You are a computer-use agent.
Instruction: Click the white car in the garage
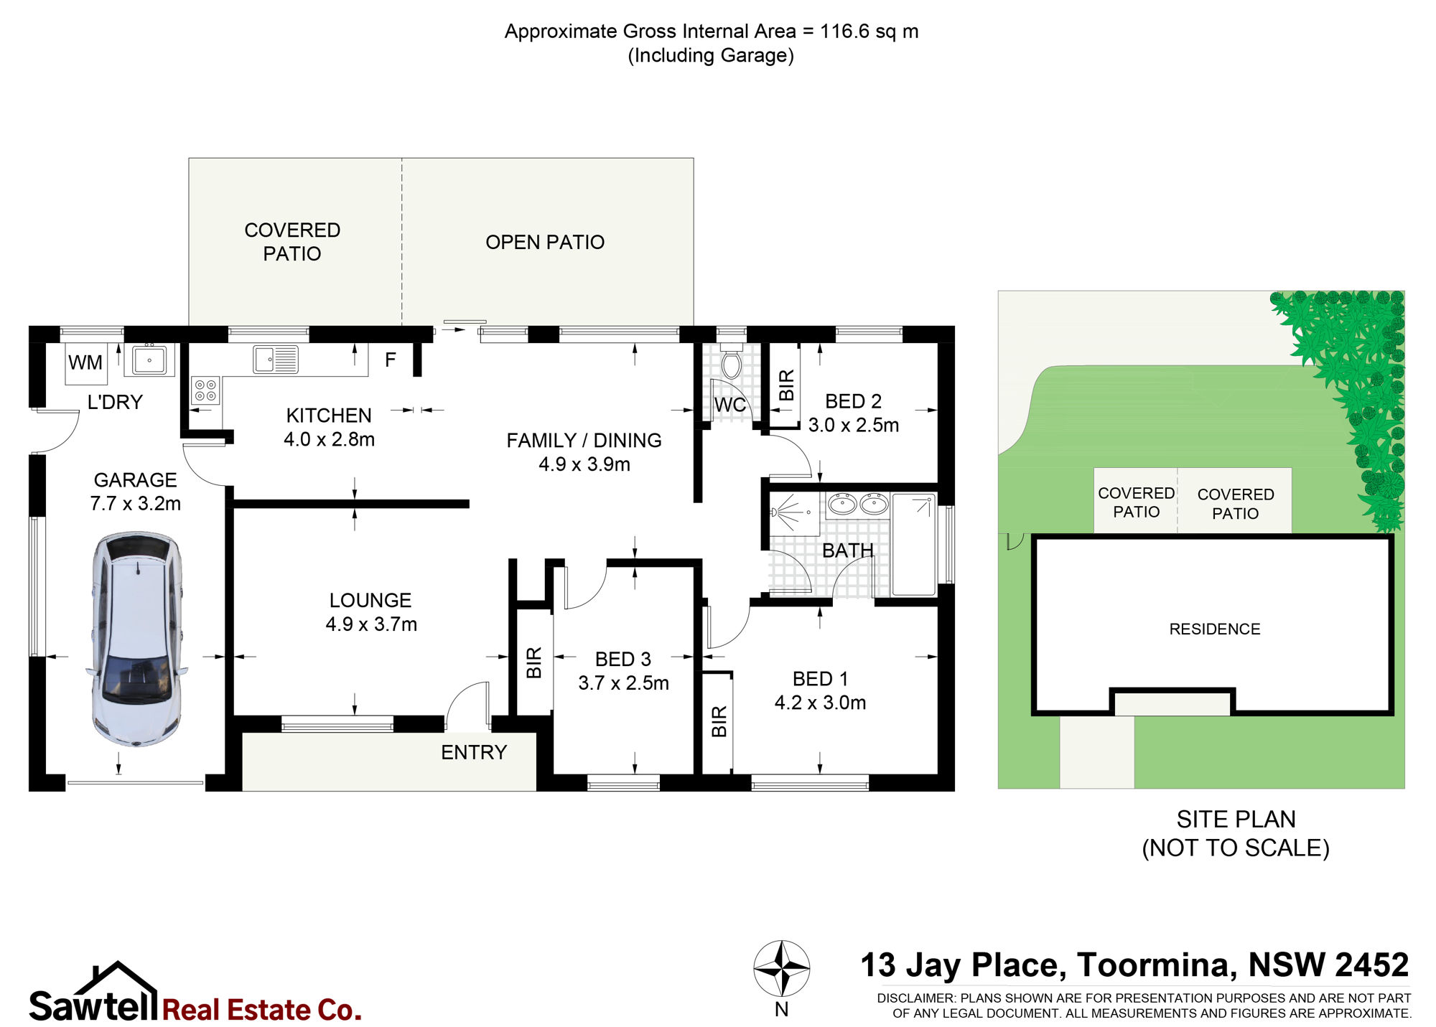[136, 639]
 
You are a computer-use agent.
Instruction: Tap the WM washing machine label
[85, 362]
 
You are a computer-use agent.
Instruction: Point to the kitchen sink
[276, 360]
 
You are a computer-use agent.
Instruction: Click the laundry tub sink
[149, 360]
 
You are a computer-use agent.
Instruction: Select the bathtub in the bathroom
[914, 545]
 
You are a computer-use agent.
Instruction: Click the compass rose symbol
[782, 969]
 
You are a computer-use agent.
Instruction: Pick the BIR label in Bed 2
[787, 385]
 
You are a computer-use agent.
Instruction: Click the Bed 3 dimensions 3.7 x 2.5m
[623, 683]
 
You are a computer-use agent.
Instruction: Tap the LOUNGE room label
[370, 600]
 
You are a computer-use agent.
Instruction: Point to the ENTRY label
[474, 752]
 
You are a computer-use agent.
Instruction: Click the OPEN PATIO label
[545, 243]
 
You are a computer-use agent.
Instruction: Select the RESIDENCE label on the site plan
[1215, 629]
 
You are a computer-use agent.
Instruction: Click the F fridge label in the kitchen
[391, 360]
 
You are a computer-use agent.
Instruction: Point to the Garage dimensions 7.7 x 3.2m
[136, 504]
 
